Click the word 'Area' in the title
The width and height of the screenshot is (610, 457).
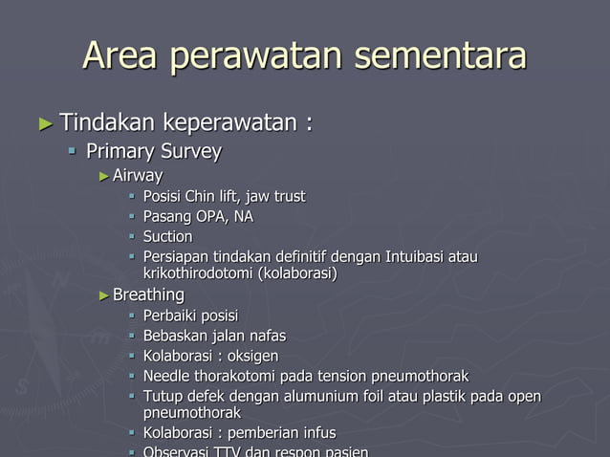tap(122, 55)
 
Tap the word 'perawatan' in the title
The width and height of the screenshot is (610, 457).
tap(260, 55)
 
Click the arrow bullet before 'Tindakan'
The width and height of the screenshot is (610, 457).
tap(46, 123)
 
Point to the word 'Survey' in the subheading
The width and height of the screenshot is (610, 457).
tap(190, 151)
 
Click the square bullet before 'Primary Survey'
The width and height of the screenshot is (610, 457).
tap(73, 152)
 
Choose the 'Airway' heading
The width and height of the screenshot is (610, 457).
tap(138, 176)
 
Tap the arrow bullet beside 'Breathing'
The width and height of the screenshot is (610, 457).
tap(104, 295)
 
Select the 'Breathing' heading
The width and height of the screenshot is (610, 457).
tap(148, 294)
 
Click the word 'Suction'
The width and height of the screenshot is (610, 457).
tap(167, 236)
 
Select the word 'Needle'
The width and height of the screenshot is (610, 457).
tap(167, 376)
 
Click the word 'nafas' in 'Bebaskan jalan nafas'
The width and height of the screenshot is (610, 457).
tap(267, 336)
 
